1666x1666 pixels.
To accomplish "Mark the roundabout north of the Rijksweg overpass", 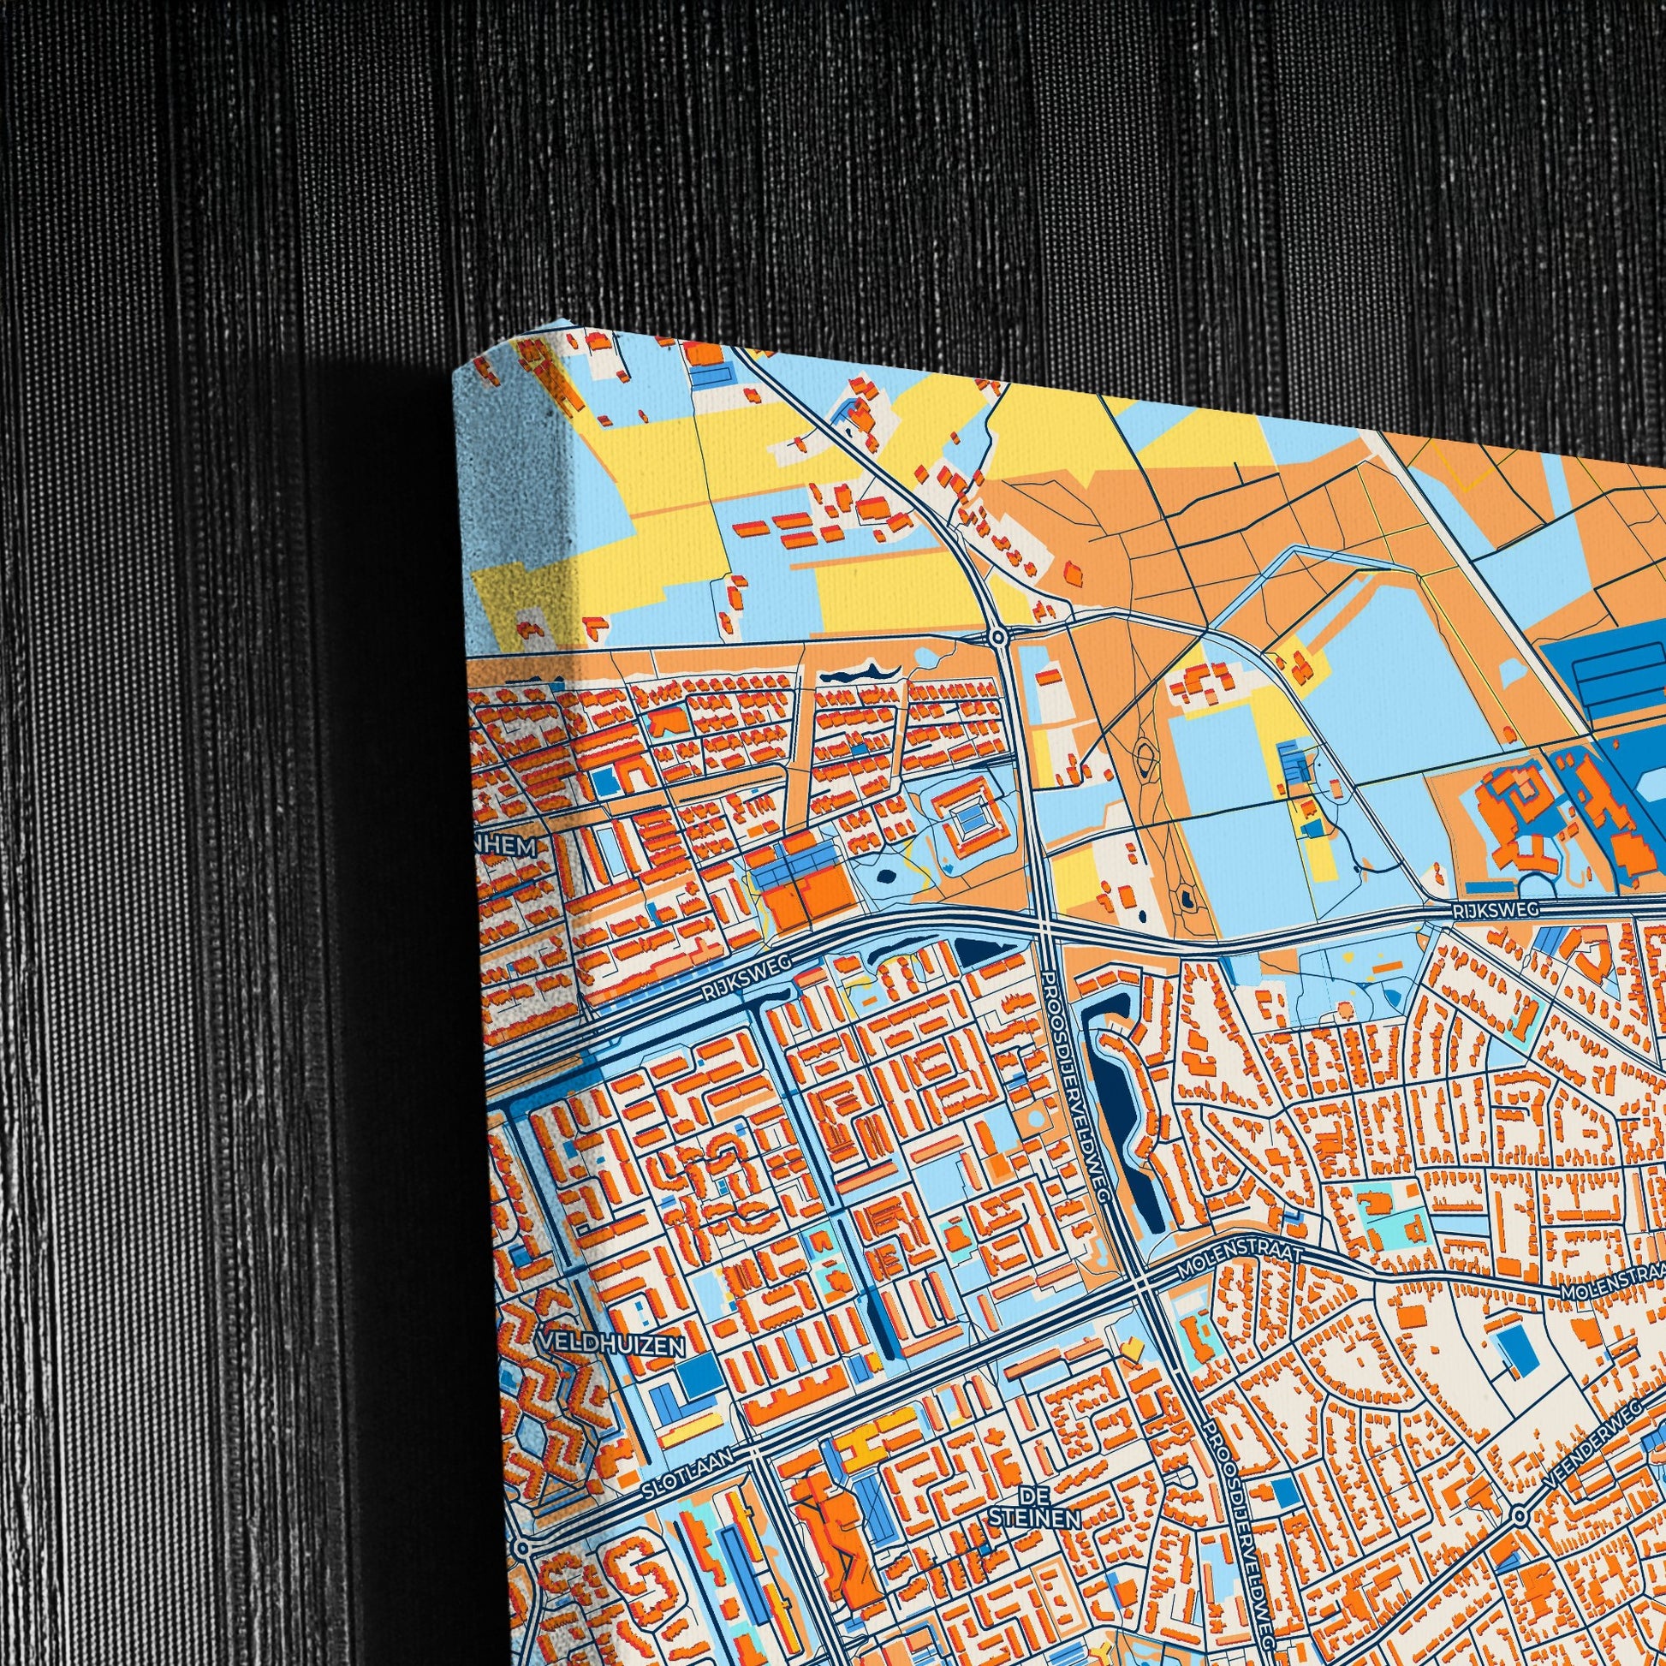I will pyautogui.click(x=997, y=637).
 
